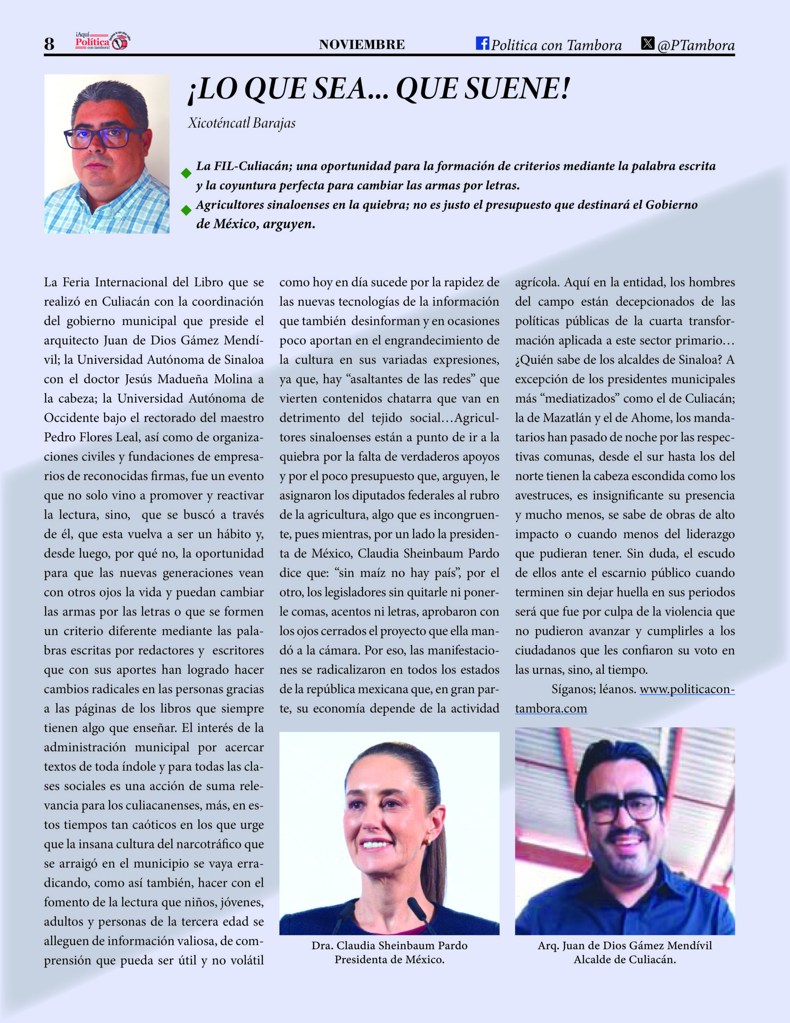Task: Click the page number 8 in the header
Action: tap(49, 44)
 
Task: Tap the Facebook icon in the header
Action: tap(482, 43)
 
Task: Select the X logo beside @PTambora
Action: tap(648, 43)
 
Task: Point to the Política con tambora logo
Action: tap(103, 42)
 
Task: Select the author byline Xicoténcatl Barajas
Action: tap(242, 123)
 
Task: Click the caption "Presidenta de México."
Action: tap(389, 959)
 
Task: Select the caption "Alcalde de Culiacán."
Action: tap(625, 959)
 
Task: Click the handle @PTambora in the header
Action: tap(696, 45)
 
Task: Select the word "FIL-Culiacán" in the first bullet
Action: tap(242, 166)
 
